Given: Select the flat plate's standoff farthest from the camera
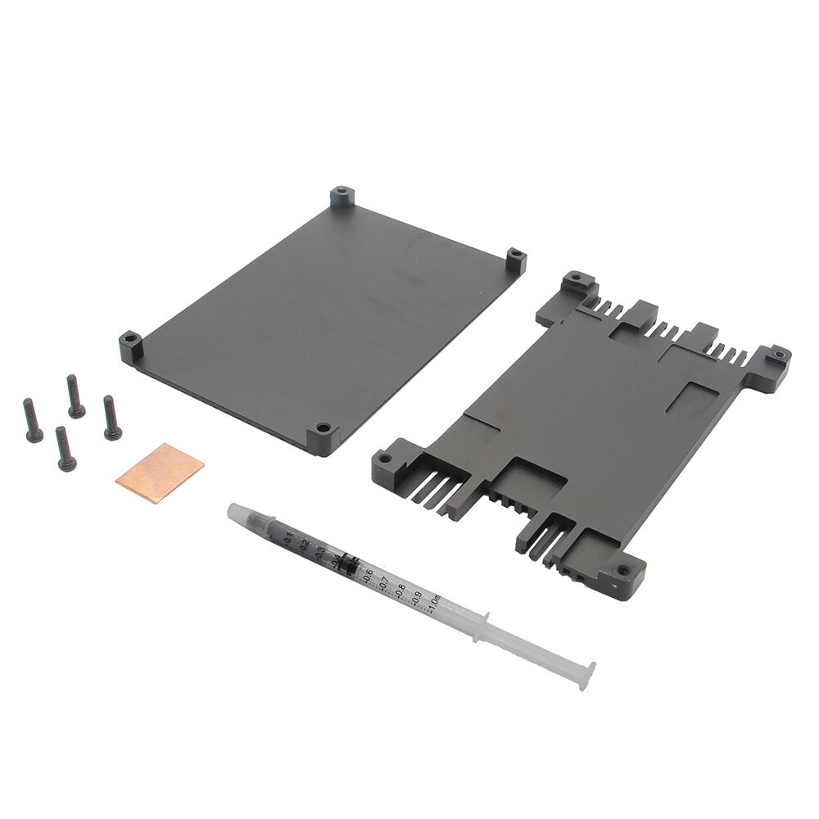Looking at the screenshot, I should pos(340,198).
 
